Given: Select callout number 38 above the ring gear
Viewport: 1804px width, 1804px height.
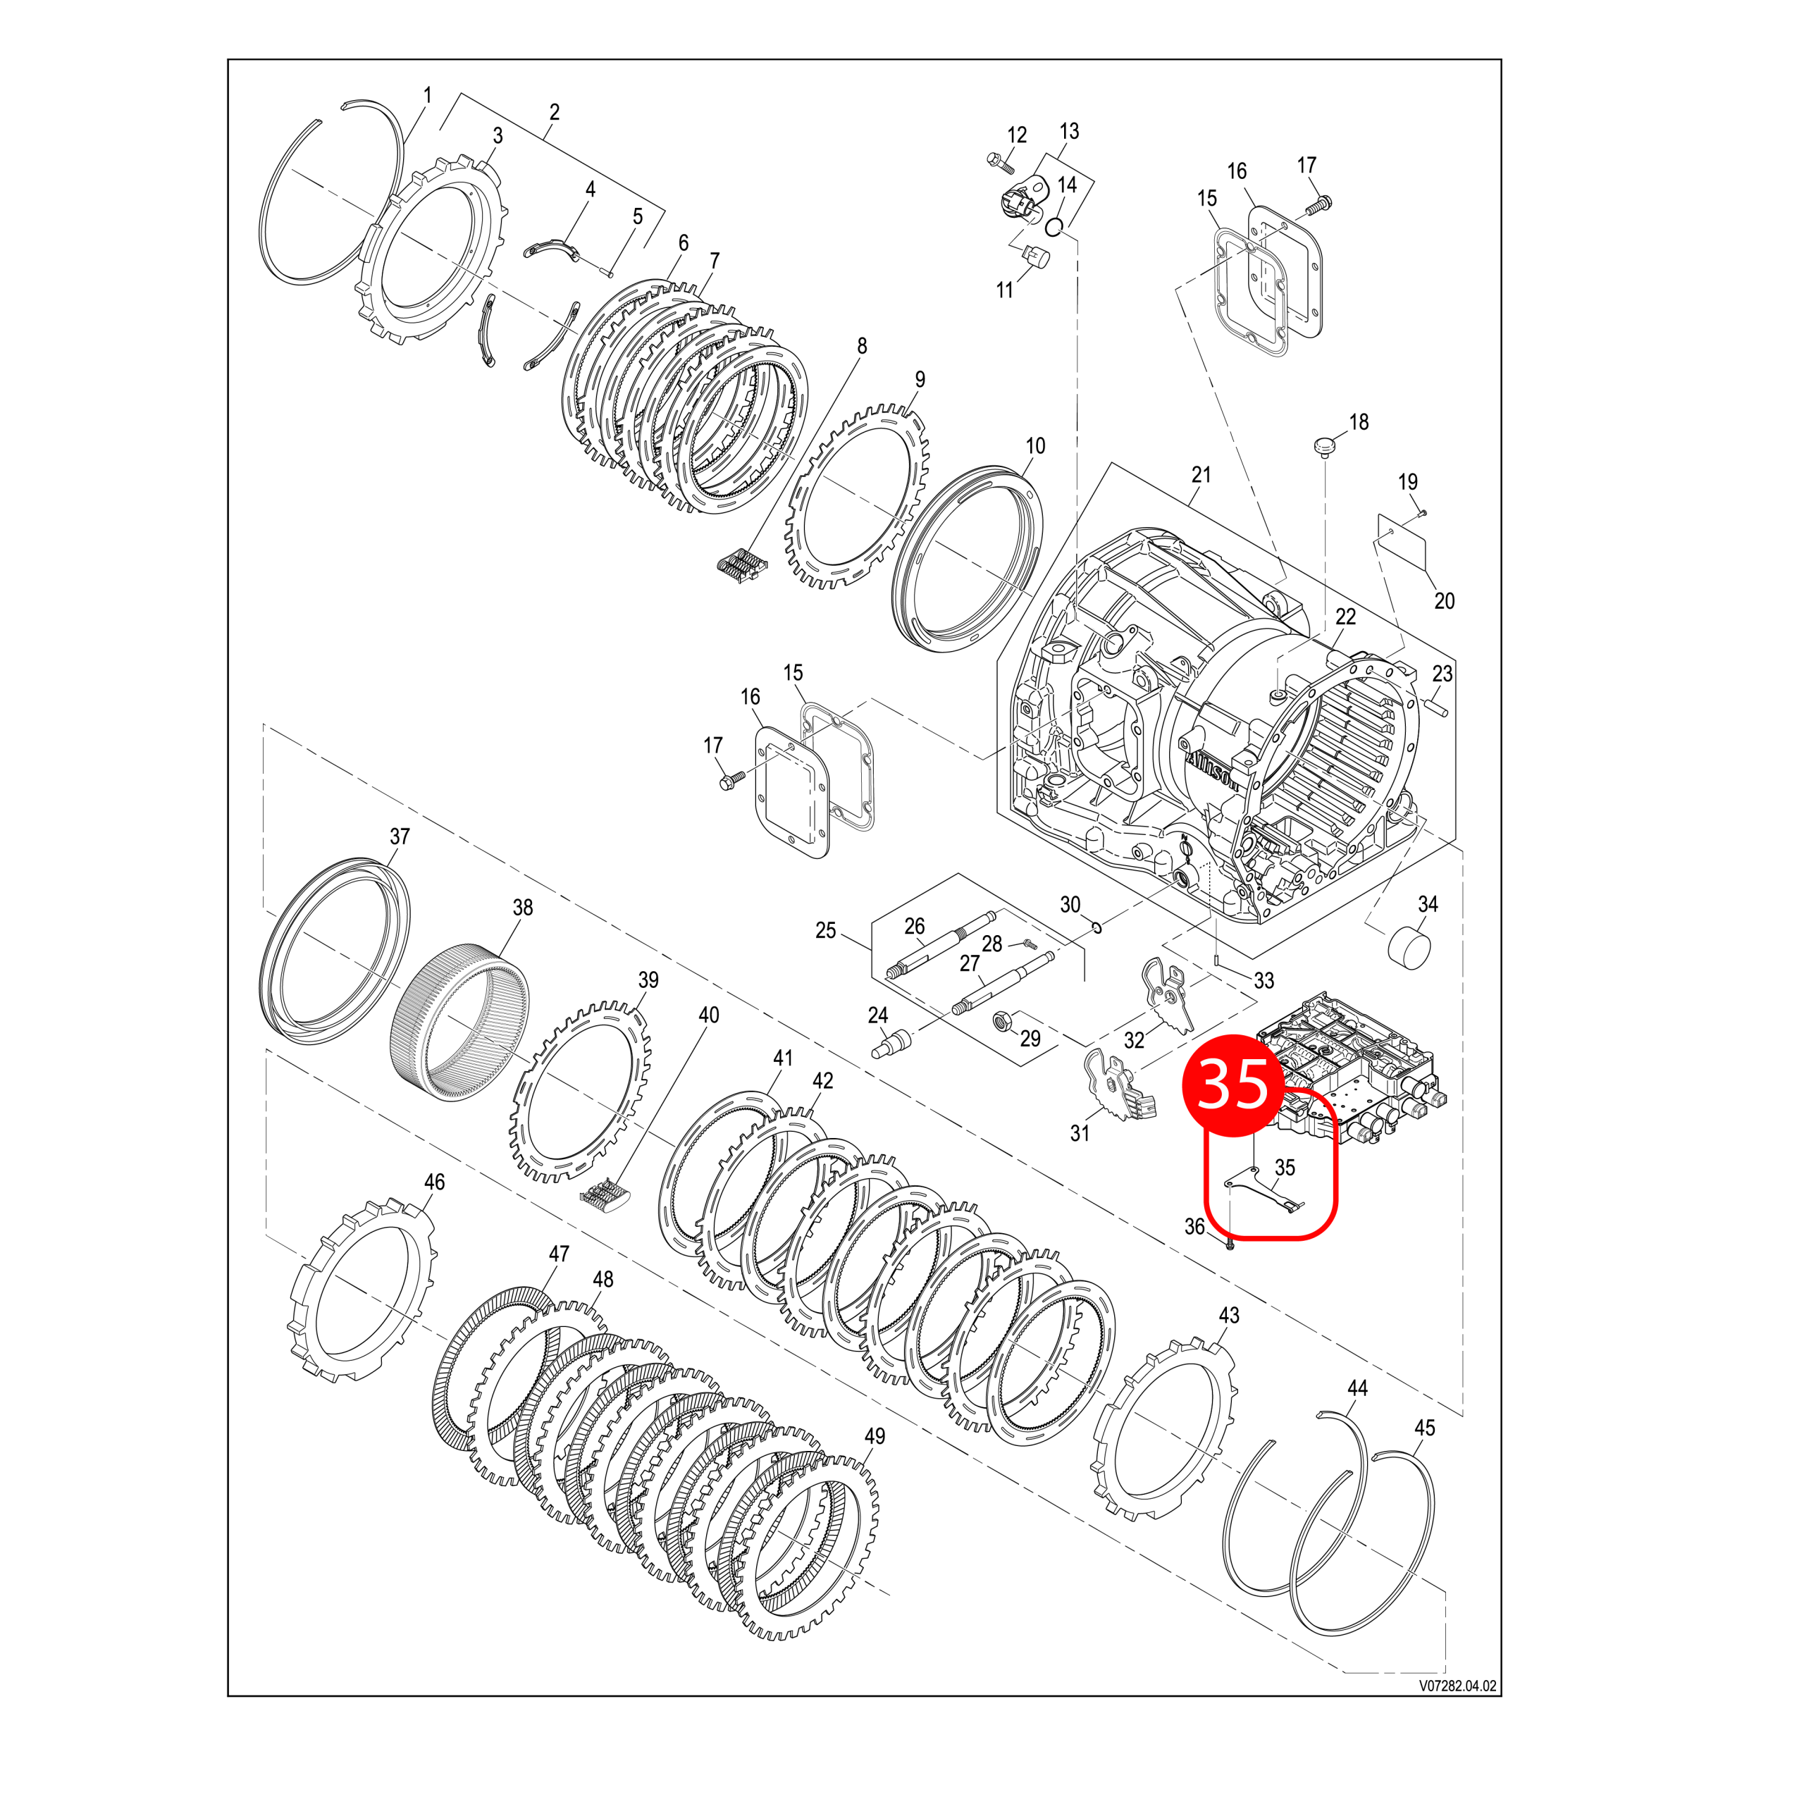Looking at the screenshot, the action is (x=522, y=907).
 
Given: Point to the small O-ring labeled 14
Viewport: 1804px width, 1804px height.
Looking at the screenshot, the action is (x=1054, y=226).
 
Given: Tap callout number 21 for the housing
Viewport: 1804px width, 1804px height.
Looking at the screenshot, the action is (x=1201, y=474).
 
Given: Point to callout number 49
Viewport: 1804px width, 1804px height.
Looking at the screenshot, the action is (x=874, y=1436).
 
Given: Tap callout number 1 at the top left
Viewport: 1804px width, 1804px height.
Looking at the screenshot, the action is (x=428, y=95).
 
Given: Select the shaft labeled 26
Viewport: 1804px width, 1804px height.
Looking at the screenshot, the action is (x=934, y=949).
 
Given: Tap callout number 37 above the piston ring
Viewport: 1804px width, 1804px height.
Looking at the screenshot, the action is (x=400, y=836).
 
